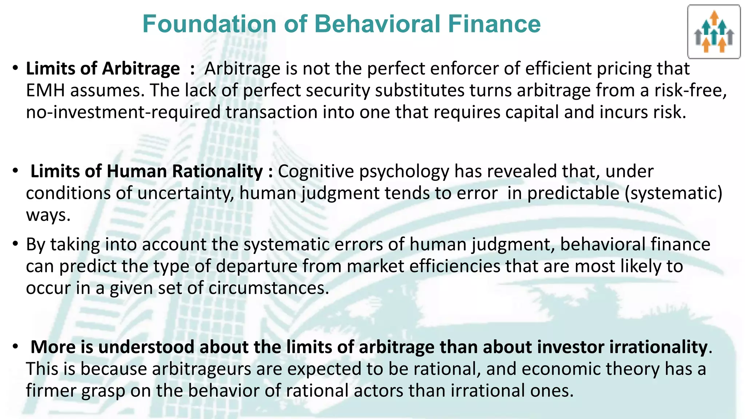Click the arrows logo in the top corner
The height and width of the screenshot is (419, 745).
714,32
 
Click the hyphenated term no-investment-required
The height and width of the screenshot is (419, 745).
123,112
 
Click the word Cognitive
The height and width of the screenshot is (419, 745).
316,171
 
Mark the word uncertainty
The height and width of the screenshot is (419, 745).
186,193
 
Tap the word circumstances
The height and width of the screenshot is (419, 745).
268,288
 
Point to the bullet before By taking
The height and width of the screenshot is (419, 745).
15,244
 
